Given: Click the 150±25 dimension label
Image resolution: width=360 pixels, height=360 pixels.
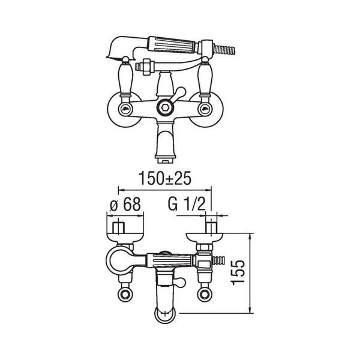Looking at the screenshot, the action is (x=165, y=178).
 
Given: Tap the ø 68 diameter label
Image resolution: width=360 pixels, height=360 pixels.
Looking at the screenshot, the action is (x=125, y=204).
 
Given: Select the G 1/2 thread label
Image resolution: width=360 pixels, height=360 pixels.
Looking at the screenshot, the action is (x=187, y=204).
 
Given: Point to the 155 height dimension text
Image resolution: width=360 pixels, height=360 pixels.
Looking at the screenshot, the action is (x=238, y=272).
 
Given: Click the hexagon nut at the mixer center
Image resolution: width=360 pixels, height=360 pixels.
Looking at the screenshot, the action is (x=164, y=107).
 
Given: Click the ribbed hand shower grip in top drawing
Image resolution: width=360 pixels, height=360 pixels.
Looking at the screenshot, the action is (x=172, y=44).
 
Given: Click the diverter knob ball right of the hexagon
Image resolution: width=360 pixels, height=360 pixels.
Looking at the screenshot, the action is (x=181, y=91).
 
